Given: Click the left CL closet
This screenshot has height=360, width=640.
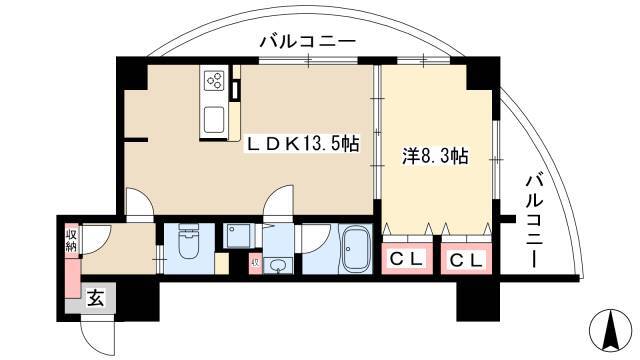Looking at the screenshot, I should [x=405, y=260].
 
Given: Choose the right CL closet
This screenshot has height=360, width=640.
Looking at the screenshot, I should [x=466, y=260].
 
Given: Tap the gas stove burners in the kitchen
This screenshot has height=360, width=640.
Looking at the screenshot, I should [x=214, y=79].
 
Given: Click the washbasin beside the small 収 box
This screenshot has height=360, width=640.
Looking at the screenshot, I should [x=276, y=265].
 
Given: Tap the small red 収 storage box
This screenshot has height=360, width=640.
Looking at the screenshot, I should [x=254, y=264].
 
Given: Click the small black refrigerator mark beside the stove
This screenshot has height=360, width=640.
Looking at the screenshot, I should [x=235, y=88].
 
